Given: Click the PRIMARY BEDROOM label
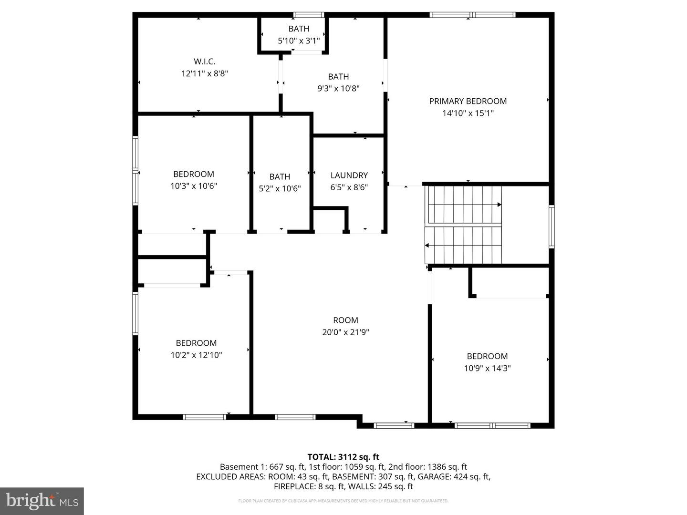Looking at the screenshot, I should [x=468, y=101].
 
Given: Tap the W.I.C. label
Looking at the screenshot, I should [x=204, y=62].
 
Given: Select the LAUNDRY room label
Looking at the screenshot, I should [x=349, y=175].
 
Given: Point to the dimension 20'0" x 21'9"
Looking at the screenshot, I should [x=345, y=332].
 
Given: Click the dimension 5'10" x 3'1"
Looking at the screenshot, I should [x=299, y=41].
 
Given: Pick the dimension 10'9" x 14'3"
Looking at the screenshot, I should [x=487, y=368].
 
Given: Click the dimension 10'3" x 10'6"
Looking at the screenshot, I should [x=194, y=186].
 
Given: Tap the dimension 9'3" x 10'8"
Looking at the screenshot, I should [x=338, y=88].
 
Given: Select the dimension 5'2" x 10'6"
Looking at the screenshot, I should [x=280, y=188].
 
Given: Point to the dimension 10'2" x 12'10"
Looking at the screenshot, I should [x=196, y=355].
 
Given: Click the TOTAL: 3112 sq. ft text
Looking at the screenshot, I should [x=343, y=457].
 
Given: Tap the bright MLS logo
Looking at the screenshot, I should [x=42, y=501].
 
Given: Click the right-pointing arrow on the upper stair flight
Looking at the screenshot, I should [x=499, y=205].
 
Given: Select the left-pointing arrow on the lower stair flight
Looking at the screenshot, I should [x=427, y=246].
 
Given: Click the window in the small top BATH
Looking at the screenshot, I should [x=308, y=15].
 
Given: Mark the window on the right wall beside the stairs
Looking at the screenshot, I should [x=552, y=227].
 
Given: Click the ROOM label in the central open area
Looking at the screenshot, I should [x=345, y=320].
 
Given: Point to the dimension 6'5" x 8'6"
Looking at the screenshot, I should [x=349, y=187].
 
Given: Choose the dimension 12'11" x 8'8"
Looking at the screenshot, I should [x=204, y=73].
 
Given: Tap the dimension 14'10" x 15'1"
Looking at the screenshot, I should [x=468, y=113].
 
